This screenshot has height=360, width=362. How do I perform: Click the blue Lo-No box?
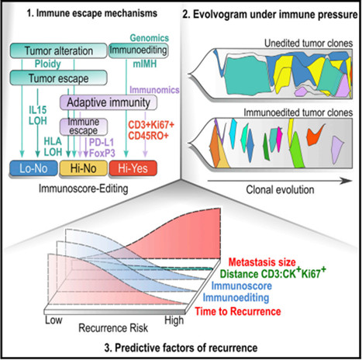tap(33, 168)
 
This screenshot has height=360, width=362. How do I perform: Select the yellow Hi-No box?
tap(83, 168)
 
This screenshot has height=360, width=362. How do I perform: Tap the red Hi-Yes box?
tap(133, 168)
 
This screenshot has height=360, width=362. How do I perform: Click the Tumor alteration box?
tap(58, 50)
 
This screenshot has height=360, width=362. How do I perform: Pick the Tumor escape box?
tap(58, 78)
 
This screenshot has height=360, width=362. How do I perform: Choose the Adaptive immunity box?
tap(109, 102)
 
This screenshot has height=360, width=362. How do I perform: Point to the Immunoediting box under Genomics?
tap(138, 50)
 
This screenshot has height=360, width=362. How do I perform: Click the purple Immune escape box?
tap(84, 126)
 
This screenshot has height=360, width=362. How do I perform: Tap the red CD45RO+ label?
tap(148, 136)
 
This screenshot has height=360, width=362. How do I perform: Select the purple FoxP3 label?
tap(102, 153)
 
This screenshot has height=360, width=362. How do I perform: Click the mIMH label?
tap(145, 64)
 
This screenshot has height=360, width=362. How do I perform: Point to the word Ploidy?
tap(48, 64)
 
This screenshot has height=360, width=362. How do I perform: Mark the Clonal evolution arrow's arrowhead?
tap(346, 181)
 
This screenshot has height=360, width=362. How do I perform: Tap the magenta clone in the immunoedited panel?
tap(279, 138)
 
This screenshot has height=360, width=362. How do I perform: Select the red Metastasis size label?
tap(262, 262)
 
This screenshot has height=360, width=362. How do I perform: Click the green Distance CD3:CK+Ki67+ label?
tap(273, 273)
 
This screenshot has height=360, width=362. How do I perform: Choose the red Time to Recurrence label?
tap(238, 311)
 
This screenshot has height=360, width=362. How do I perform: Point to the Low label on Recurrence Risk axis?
tap(53, 320)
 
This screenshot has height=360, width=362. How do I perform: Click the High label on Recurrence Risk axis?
tap(174, 320)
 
